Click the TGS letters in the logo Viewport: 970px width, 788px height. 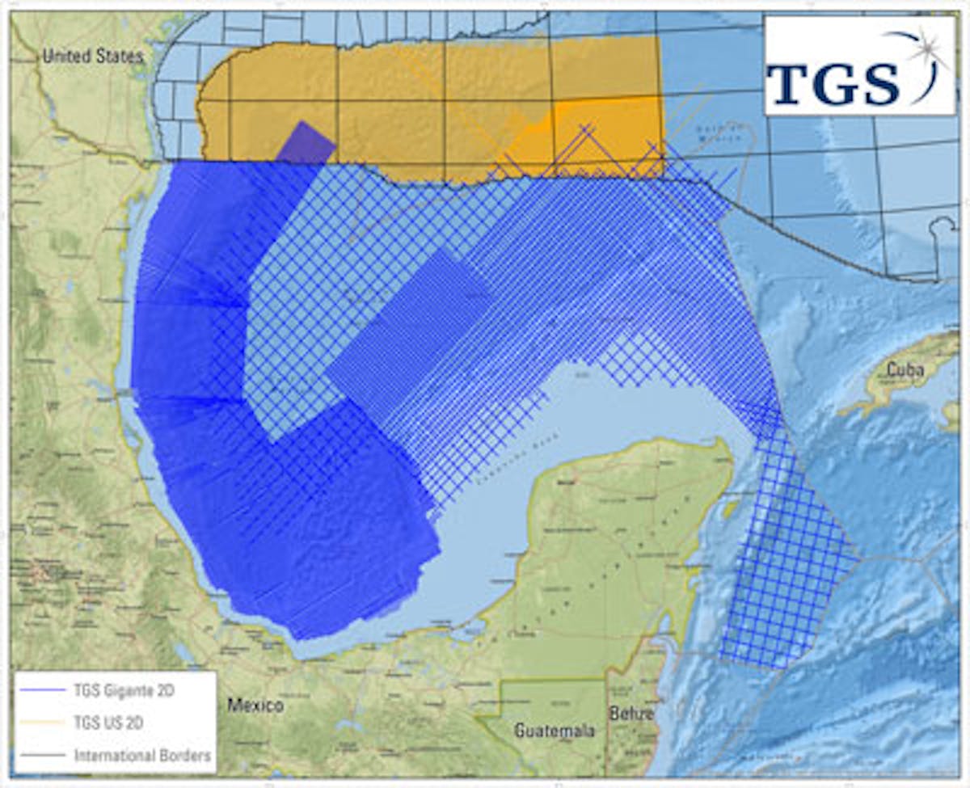833,82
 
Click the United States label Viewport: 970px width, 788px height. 92,56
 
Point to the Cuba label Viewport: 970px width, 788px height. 905,369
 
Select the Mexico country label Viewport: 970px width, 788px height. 255,706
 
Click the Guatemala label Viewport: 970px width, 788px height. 555,731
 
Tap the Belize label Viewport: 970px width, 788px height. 632,713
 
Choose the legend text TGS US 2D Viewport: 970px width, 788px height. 108,723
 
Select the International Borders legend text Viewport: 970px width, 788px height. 142,756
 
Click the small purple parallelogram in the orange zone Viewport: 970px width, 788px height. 306,143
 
